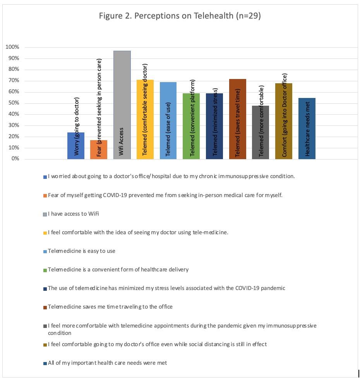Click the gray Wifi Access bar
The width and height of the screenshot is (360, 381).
[122, 105]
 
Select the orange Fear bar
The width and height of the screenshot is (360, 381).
[99, 149]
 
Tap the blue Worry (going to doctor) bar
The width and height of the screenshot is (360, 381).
[76, 146]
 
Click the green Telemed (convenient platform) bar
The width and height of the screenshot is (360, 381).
[191, 126]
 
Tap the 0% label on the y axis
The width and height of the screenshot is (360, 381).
[15, 159]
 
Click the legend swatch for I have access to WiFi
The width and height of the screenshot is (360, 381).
[45, 214]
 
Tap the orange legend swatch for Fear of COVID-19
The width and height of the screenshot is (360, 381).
[45, 196]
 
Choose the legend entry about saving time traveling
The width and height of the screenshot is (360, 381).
[110, 307]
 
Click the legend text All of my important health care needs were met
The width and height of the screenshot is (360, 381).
[107, 363]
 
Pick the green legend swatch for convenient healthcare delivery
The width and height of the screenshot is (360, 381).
[45, 270]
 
